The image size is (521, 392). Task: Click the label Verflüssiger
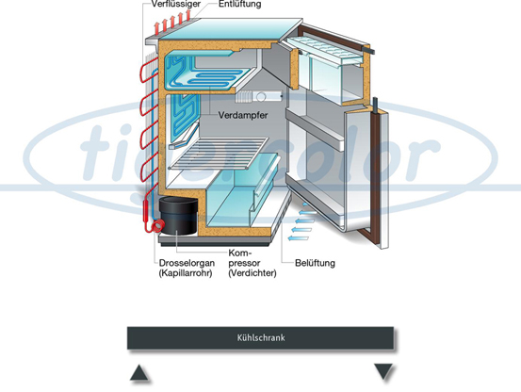176,4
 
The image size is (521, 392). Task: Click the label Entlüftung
239,4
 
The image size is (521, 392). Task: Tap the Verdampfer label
242,115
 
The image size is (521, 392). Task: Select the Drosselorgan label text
187,263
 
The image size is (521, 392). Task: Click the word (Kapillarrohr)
186,273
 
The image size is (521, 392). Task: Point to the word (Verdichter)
252,273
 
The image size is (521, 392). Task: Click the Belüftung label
315,263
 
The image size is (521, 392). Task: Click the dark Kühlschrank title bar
260,338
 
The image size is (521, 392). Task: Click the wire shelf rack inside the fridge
220,154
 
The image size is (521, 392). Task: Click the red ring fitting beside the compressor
157,226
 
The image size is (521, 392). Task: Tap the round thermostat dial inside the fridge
261,97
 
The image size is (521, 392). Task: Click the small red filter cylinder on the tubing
146,211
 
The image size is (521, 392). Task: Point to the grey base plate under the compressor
215,240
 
